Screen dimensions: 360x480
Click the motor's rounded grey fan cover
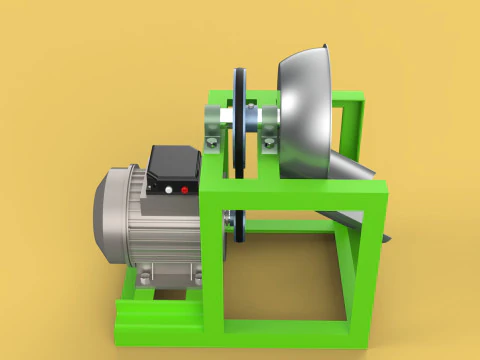(x=111, y=216)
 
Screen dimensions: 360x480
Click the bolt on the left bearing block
(x=212, y=146)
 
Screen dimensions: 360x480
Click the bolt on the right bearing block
(x=270, y=145)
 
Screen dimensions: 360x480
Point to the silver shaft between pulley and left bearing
(x=227, y=115)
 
